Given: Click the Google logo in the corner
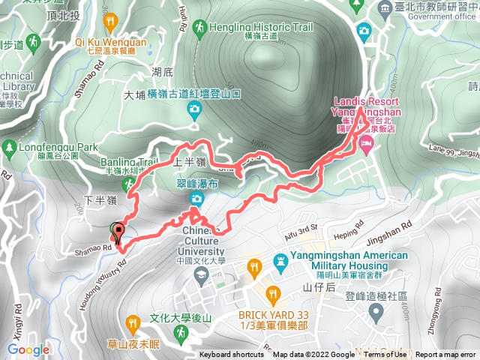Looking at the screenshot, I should point(28,349).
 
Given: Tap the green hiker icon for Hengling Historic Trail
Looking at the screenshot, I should point(199,28).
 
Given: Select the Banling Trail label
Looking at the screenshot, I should point(125,160).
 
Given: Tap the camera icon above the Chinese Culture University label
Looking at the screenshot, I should point(196,199).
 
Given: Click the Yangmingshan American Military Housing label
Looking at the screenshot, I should point(344,261).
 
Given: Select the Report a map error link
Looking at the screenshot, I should point(447,355).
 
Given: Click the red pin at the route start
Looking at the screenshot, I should point(117,231).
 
